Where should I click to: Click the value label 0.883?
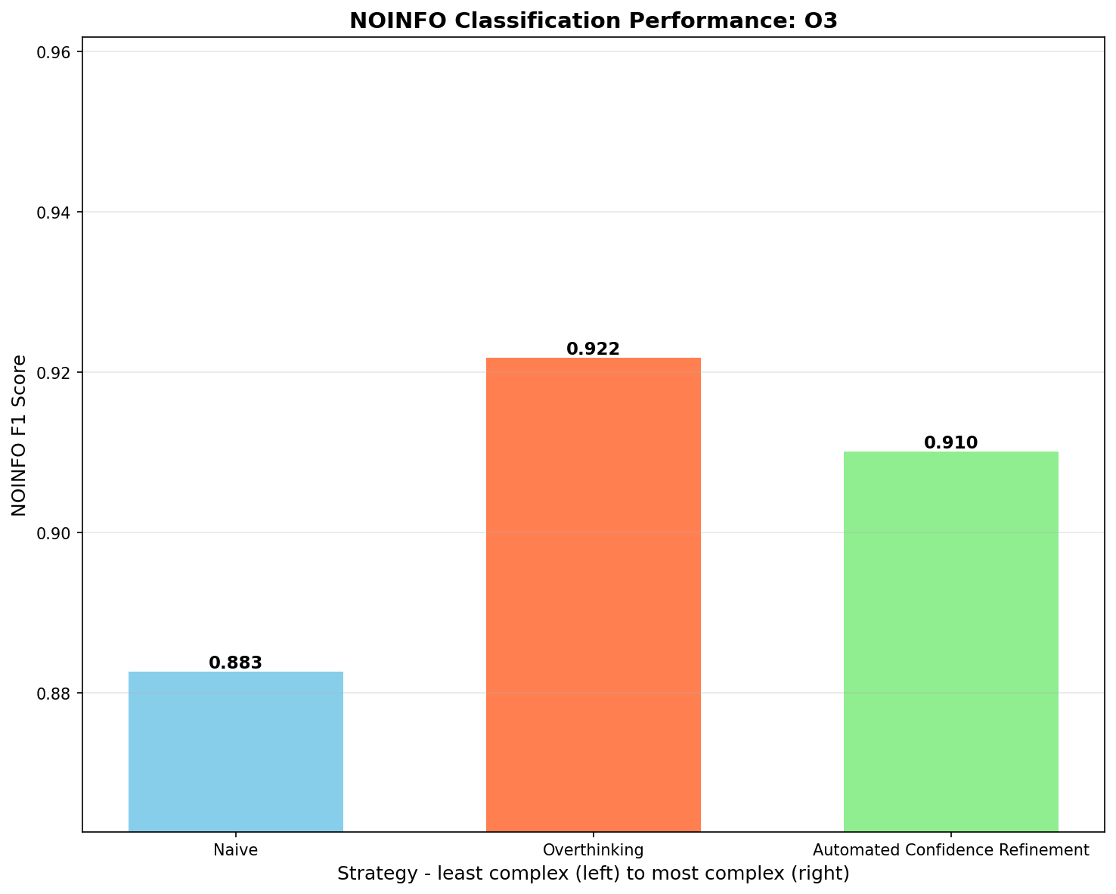point(236,663)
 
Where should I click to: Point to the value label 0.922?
point(593,349)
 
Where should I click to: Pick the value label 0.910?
point(950,442)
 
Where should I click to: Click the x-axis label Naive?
point(236,849)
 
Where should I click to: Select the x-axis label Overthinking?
point(593,849)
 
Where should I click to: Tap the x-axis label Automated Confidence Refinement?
point(950,849)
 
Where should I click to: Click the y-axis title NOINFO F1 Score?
point(20,435)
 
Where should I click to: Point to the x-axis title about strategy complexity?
point(593,874)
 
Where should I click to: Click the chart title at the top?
point(593,20)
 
